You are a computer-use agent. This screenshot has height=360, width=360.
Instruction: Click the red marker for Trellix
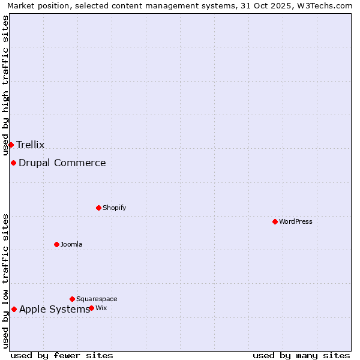(x=11, y=145)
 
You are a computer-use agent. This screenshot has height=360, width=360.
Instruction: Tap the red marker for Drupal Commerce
(x=13, y=163)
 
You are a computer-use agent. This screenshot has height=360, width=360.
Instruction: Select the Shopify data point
(x=98, y=208)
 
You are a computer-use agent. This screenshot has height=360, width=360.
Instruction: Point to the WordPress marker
(x=275, y=221)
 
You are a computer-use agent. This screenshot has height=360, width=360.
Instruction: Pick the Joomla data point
(x=56, y=244)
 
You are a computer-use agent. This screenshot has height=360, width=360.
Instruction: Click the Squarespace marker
(x=72, y=299)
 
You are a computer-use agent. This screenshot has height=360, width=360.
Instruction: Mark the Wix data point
(x=91, y=308)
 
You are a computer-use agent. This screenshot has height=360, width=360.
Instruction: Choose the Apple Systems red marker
(x=14, y=309)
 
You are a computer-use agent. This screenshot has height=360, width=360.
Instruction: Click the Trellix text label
(x=31, y=145)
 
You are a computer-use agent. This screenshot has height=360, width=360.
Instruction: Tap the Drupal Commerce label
(x=62, y=163)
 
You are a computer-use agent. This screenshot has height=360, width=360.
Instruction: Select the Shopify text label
(x=114, y=208)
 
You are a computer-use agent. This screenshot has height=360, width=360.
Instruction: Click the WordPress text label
(x=296, y=221)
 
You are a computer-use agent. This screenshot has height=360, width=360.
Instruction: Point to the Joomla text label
(x=71, y=244)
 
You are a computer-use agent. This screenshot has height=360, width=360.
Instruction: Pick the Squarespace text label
(x=97, y=299)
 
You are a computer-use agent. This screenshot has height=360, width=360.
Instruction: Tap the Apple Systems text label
(x=54, y=309)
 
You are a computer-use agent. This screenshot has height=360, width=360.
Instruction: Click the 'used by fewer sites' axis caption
(x=62, y=355)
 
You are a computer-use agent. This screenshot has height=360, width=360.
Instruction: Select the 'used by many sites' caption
(x=301, y=355)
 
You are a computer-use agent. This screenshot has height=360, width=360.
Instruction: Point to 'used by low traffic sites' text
(x=5, y=281)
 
